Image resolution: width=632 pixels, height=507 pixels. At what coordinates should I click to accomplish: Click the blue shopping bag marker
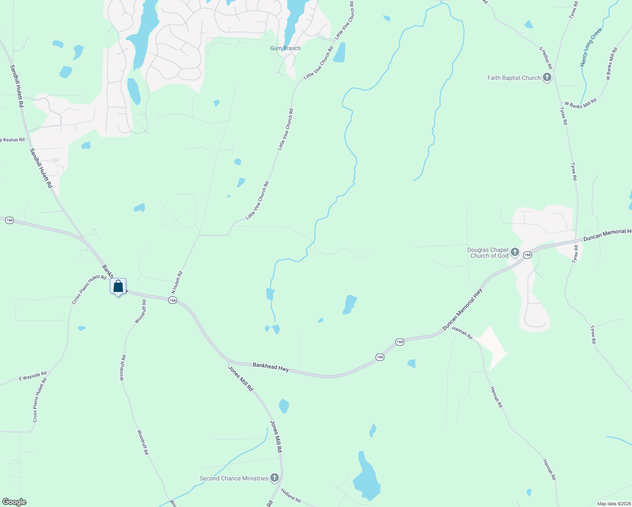coord(118,286)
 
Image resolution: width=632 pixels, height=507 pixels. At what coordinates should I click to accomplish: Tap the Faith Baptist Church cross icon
coord(547,77)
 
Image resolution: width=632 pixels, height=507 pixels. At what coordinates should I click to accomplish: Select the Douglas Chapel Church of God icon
coord(515,253)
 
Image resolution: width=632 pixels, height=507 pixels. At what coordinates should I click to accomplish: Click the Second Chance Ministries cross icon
coord(275,478)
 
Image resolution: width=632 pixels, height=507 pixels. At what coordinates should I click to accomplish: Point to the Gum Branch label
coord(285,48)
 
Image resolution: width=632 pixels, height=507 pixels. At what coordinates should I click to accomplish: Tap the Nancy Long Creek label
coord(591,47)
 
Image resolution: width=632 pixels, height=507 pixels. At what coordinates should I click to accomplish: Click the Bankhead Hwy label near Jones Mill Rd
coord(271,367)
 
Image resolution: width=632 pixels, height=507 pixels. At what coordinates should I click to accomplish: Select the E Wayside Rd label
coord(33,376)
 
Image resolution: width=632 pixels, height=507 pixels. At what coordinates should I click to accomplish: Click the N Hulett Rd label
coord(177,282)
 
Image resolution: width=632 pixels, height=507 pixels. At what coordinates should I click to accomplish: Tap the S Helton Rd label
coord(545,58)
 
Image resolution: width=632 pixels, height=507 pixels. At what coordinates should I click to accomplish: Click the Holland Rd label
coord(291,495)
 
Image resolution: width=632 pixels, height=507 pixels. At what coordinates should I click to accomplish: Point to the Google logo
coord(14,502)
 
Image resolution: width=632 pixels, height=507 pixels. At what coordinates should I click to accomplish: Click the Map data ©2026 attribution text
coord(613,504)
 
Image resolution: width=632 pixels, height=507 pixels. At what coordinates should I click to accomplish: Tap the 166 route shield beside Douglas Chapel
coord(527,255)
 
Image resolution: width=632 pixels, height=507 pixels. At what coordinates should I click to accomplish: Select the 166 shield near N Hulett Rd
coord(172,300)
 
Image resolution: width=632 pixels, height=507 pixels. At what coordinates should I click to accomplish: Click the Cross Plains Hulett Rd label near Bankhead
coord(89,289)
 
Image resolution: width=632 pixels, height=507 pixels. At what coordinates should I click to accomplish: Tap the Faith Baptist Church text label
coord(514,78)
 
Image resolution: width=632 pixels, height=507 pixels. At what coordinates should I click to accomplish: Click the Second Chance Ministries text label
coord(234,478)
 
